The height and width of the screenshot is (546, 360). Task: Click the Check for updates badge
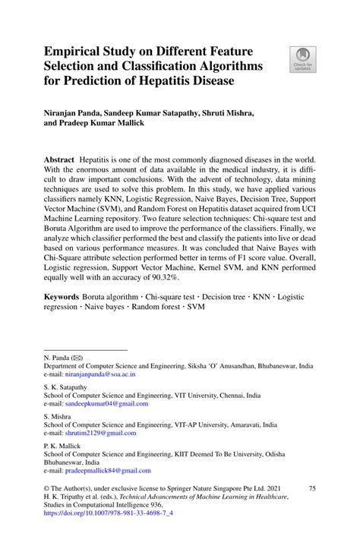point(303,58)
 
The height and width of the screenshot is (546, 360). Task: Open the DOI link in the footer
point(109,513)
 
